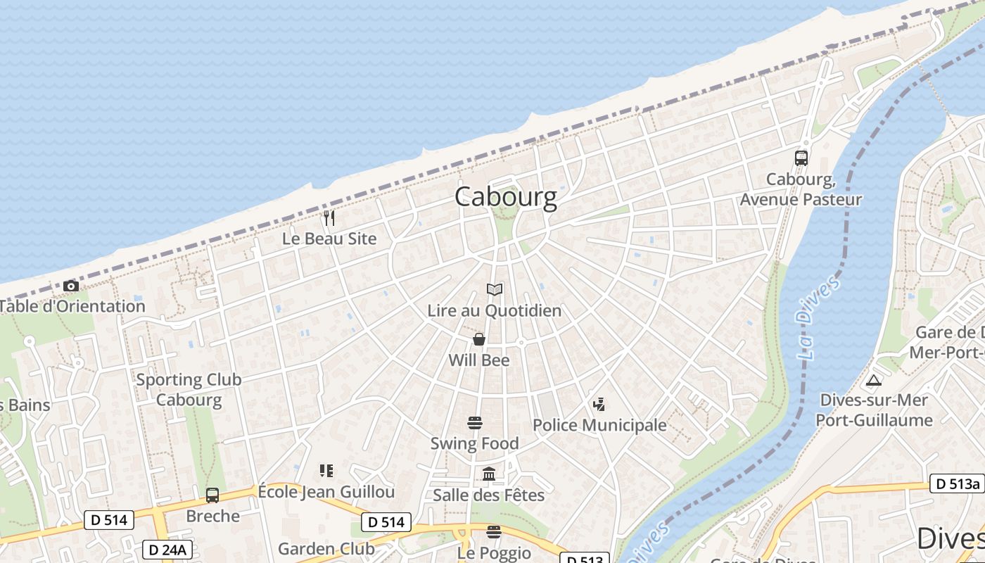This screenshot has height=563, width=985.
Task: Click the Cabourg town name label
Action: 505,197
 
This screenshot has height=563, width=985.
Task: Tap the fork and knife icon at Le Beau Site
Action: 329,218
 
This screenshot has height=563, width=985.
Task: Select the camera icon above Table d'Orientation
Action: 70,286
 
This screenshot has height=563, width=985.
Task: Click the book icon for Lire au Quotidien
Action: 495,290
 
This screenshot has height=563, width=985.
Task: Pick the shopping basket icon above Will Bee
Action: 479,340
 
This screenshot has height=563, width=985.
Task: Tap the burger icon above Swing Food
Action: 475,423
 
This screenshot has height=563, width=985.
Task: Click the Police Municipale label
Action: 599,425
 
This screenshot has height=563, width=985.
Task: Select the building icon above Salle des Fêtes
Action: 489,474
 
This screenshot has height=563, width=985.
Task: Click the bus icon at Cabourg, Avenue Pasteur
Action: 801,158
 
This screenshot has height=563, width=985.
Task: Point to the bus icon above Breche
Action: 212,495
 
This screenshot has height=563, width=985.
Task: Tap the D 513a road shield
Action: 957,484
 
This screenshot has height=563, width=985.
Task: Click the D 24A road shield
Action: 167,550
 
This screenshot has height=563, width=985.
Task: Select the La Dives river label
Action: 818,317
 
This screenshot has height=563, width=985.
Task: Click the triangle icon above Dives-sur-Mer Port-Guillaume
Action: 874,381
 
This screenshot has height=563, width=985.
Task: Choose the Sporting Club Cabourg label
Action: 189,390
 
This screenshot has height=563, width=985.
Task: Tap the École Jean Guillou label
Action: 326,491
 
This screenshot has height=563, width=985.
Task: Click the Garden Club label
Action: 326,549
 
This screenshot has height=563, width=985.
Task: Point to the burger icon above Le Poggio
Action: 494,531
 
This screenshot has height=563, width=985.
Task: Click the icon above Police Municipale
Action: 599,405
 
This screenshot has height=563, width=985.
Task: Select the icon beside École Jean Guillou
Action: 326,470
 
